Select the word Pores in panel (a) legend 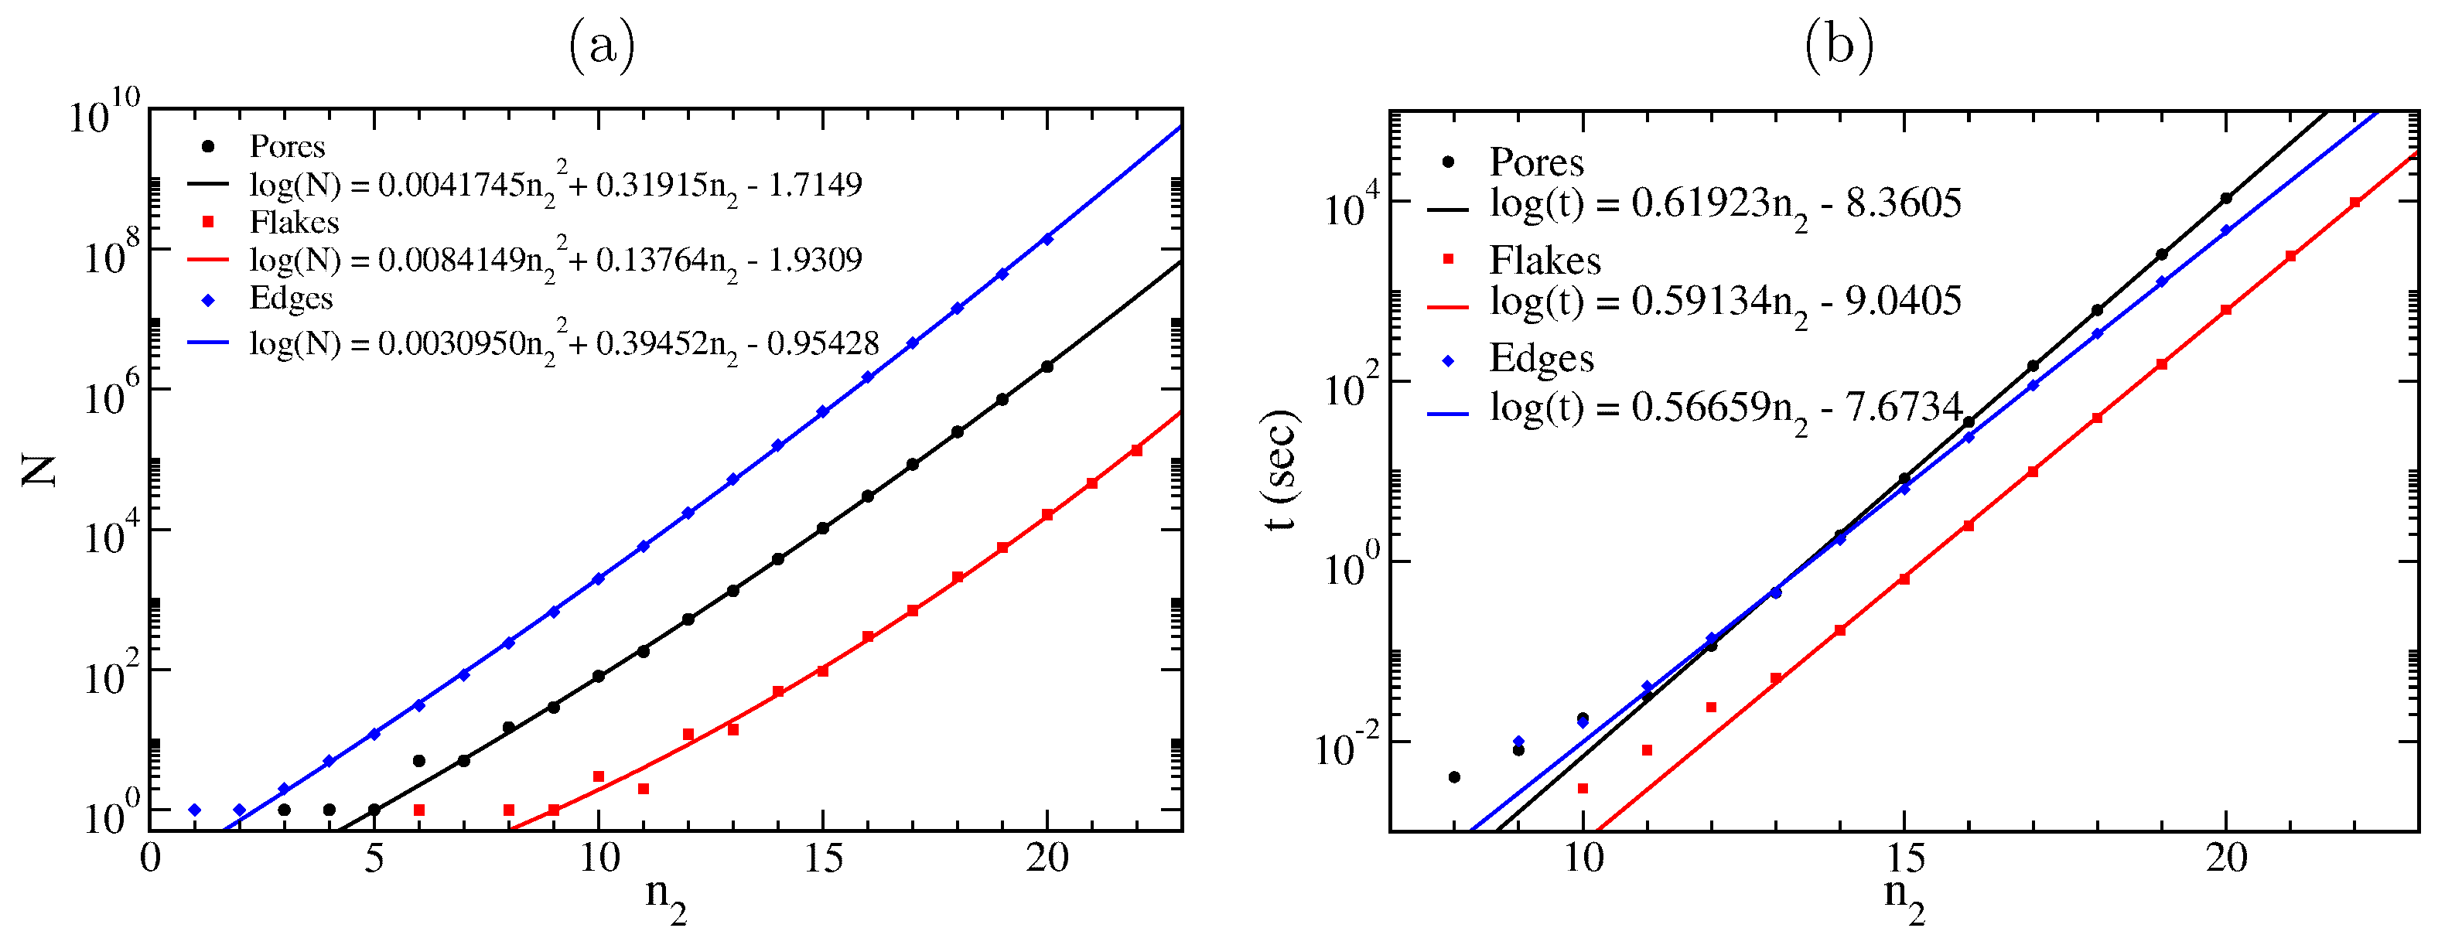(287, 147)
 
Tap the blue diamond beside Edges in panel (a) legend (209, 301)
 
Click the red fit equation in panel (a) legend (555, 260)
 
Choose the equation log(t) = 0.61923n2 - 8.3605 (1725, 205)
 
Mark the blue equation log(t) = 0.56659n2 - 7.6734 (1725, 410)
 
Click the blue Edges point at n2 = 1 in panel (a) (195, 810)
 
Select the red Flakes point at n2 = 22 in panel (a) (1136, 451)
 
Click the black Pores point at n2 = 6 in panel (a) (418, 761)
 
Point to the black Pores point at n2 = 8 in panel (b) (1454, 777)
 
